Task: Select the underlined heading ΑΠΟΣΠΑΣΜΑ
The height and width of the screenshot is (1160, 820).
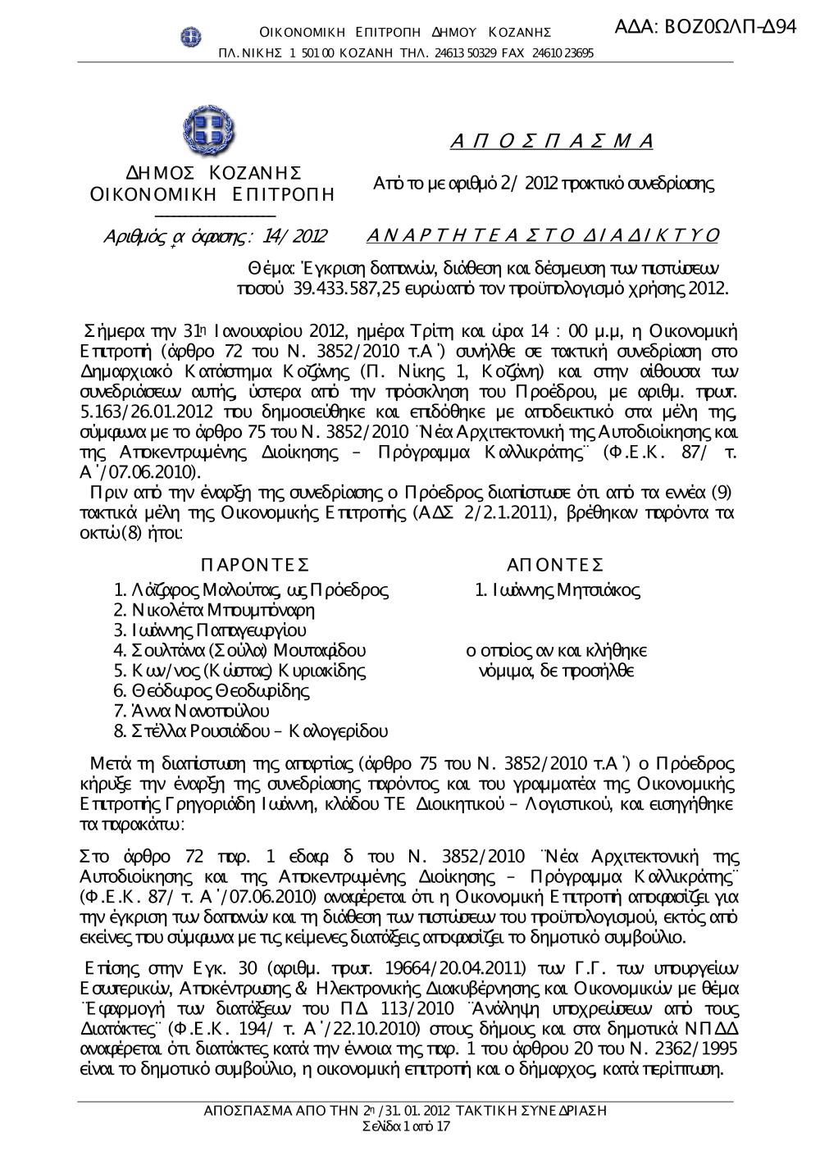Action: click(x=551, y=140)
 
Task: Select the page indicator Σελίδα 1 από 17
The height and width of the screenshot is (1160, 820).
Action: click(x=406, y=1126)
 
